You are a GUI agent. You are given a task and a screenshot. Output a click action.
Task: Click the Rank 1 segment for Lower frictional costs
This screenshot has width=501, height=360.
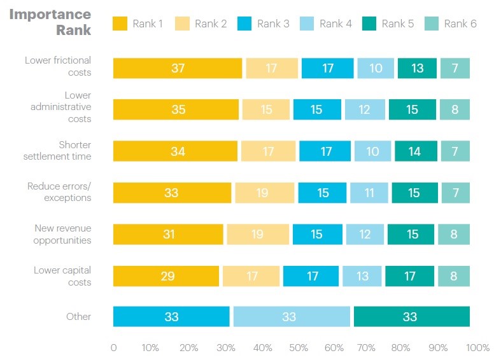[178, 68]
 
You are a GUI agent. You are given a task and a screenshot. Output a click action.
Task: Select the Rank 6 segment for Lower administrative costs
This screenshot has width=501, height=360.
[455, 109]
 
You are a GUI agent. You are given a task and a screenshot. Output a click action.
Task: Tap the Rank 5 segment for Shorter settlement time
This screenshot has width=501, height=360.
[415, 151]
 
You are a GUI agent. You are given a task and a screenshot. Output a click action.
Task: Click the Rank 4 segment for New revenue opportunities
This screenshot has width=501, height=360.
[365, 234]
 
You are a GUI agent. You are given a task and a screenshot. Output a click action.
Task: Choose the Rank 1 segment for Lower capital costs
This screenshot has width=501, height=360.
[166, 276]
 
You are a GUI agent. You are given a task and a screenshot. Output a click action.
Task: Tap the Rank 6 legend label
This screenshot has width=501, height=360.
[460, 24]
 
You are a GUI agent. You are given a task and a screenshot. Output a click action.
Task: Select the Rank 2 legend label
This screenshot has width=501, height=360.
[211, 24]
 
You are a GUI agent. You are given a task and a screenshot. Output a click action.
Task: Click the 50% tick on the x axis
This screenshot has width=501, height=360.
[298, 348]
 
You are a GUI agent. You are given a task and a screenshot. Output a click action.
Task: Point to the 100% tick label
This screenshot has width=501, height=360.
[477, 348]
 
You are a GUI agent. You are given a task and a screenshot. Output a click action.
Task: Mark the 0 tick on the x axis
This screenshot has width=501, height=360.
[113, 348]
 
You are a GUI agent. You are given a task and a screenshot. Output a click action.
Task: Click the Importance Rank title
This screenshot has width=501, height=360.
[50, 22]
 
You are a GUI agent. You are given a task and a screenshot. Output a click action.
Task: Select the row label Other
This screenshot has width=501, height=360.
[78, 317]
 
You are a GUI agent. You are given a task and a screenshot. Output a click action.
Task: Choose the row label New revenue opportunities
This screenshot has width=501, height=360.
[62, 234]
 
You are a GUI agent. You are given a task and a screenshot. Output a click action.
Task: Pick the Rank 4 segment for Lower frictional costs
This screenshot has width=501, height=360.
[376, 68]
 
